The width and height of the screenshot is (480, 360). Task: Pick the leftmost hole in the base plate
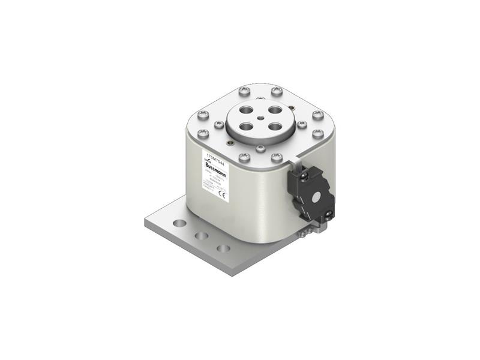coord(179,224)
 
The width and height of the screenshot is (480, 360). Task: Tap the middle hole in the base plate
coord(202,236)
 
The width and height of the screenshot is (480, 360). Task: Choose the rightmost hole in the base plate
coord(223,248)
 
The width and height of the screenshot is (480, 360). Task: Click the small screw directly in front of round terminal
coord(260,148)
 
